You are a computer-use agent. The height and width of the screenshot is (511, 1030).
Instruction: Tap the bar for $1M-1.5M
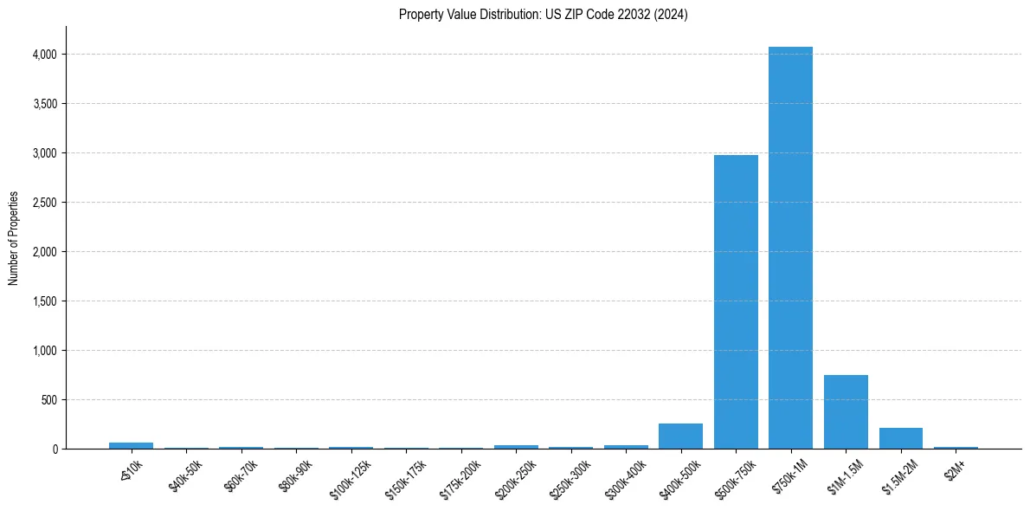(x=846, y=412)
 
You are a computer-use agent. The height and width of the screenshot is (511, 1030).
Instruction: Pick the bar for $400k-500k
(x=680, y=437)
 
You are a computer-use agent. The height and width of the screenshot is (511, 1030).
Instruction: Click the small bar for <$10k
(x=131, y=445)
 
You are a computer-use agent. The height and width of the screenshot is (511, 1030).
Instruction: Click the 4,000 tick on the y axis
(x=45, y=55)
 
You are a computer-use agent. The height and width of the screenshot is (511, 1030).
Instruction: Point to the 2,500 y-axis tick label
(x=45, y=203)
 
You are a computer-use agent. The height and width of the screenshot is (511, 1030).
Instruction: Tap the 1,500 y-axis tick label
(x=45, y=301)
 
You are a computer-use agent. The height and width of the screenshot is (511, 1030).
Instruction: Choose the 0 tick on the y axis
(x=54, y=450)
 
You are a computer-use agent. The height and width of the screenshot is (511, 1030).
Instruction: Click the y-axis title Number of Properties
(x=14, y=238)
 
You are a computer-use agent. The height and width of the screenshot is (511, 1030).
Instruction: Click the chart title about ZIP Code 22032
(x=543, y=15)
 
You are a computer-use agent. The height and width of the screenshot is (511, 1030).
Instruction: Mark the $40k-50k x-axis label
(x=186, y=475)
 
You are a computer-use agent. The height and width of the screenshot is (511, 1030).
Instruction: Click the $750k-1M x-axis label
(x=791, y=474)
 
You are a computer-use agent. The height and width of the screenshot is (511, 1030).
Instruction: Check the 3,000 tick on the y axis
(x=45, y=153)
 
